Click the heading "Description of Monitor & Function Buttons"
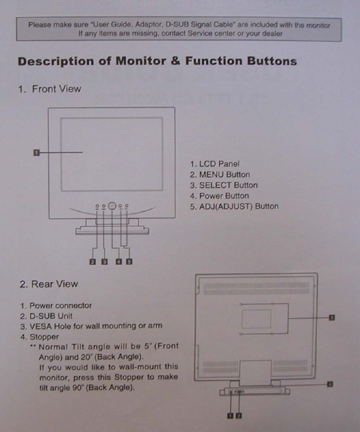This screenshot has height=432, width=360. [157, 61]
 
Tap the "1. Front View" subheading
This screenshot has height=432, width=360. [49, 89]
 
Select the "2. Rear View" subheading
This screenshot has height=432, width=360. [49, 284]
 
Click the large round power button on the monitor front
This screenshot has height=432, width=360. [112, 206]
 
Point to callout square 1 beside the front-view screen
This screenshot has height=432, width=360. [37, 152]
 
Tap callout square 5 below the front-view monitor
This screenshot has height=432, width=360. [129, 261]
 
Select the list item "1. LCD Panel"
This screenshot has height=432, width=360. [215, 164]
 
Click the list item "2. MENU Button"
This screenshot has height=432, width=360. [220, 175]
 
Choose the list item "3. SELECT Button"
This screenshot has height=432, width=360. [224, 186]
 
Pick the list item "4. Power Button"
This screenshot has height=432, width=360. [219, 196]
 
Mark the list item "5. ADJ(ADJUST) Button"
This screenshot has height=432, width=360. [234, 206]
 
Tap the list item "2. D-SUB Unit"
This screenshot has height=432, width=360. [45, 315]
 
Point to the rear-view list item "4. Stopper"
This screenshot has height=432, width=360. [41, 336]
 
